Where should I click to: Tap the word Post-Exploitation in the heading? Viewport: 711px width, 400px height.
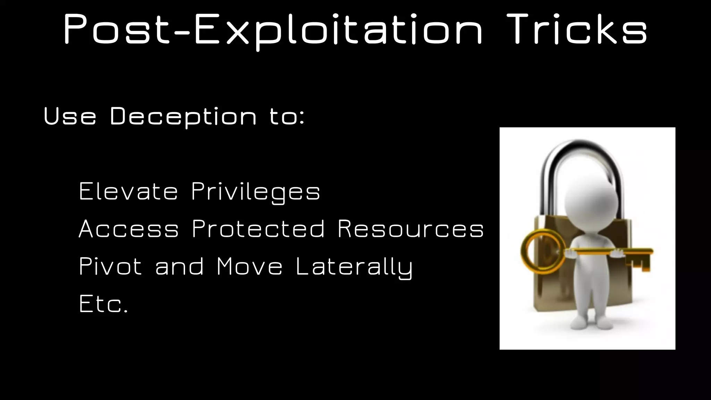272,31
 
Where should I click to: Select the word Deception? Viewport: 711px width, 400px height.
183,117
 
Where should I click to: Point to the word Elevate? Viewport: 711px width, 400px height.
128,191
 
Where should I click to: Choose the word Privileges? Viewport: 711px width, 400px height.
256,192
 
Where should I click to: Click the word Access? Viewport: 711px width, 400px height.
129,229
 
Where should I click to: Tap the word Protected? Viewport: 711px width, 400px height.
258,229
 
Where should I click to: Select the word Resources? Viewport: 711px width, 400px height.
410,229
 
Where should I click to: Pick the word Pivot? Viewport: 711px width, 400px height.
110,267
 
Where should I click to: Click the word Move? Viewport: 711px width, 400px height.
249,267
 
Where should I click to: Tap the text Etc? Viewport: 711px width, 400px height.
103,304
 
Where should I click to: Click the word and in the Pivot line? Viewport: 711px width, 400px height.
179,267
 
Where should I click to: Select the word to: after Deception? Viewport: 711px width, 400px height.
287,117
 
